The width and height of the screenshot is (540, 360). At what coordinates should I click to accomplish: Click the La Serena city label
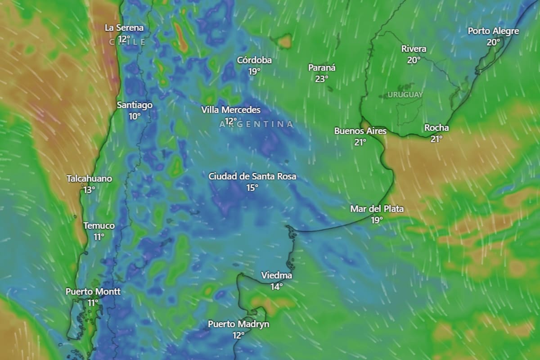tap(124, 28)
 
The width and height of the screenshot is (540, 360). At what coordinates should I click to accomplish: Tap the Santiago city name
tap(135, 105)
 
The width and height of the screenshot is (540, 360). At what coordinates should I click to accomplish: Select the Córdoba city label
tap(254, 60)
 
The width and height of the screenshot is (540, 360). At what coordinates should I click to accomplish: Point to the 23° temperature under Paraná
tap(322, 79)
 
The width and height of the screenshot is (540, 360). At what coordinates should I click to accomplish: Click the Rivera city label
tap(414, 49)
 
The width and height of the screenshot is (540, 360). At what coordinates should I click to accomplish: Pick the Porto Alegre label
tap(493, 31)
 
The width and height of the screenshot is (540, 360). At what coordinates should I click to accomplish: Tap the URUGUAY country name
tap(405, 95)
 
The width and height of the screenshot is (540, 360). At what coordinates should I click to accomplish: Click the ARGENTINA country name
tap(256, 124)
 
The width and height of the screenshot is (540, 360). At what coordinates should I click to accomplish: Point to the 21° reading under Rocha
tap(436, 139)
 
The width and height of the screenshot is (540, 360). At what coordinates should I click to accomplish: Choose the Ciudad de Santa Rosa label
tap(252, 176)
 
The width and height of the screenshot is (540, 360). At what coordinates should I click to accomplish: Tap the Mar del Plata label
tap(377, 209)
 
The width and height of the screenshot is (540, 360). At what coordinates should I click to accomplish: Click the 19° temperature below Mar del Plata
tap(377, 220)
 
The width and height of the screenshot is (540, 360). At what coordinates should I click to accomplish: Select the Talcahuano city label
tap(89, 179)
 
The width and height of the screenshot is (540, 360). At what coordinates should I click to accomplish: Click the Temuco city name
tap(99, 226)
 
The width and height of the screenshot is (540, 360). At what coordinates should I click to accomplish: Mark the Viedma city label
tap(277, 275)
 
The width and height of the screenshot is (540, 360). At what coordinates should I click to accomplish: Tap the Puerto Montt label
tap(93, 292)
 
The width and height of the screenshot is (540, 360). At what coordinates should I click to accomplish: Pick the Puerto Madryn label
tap(238, 324)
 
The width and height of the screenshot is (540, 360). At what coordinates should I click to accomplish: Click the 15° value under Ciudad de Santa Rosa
tap(252, 187)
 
